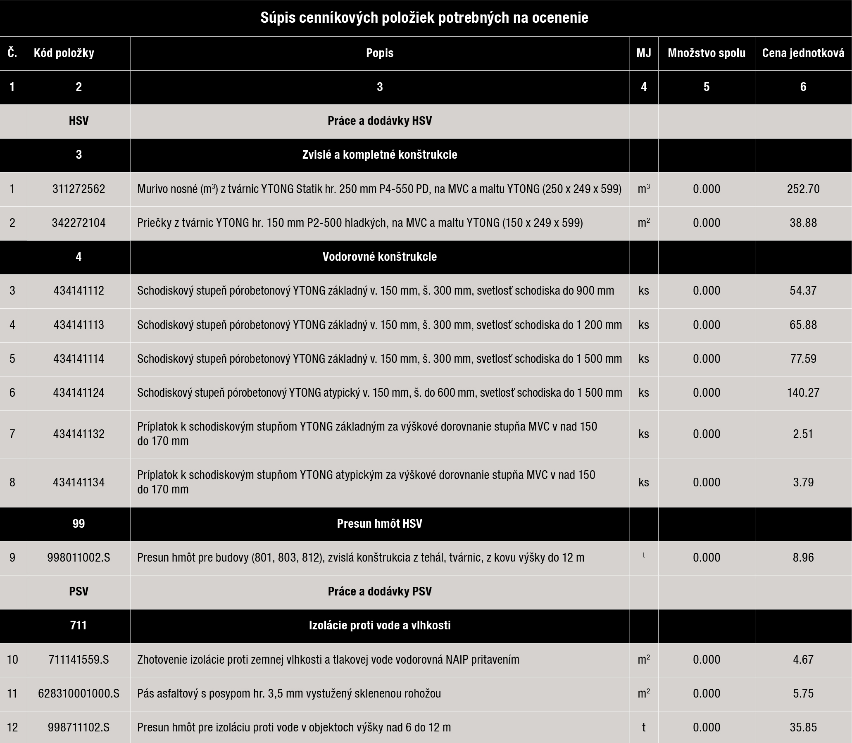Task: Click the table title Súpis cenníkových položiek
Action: point(424,18)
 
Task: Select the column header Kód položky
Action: point(64,53)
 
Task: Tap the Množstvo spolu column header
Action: point(707,53)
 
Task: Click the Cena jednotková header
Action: point(803,53)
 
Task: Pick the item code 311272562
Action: point(79,189)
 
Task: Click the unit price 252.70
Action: point(803,189)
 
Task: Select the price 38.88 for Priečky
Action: point(803,223)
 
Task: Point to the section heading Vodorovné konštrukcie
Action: point(379,257)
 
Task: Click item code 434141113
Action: point(79,325)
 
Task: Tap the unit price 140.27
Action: point(803,393)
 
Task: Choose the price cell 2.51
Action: point(803,434)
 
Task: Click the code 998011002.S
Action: point(79,558)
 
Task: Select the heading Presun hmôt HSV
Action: point(379,524)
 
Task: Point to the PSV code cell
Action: point(79,592)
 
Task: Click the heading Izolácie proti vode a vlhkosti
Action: point(379,625)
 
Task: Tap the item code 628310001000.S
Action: point(79,693)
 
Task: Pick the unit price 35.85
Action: point(803,727)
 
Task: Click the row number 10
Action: point(12,660)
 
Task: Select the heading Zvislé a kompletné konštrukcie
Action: point(379,155)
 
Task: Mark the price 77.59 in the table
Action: point(803,359)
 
